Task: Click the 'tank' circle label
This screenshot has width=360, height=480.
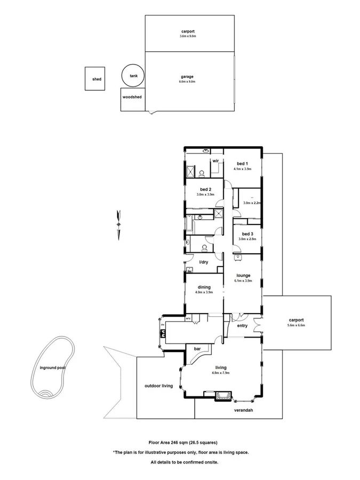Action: [x=133, y=76]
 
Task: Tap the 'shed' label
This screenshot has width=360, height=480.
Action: [x=97, y=79]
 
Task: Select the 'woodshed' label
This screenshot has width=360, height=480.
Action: [x=132, y=98]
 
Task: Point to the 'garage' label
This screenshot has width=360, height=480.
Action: [x=187, y=77]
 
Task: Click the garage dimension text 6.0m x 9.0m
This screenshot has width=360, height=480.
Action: [x=187, y=82]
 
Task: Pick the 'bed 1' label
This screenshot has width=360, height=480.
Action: [x=242, y=163]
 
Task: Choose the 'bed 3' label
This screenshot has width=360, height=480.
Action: [x=247, y=234]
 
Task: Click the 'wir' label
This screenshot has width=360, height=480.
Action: [x=216, y=161]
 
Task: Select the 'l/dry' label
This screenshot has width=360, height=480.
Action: [x=204, y=262]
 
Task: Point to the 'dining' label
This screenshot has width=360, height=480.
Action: [x=204, y=287]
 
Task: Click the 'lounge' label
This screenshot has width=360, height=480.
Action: [x=243, y=275]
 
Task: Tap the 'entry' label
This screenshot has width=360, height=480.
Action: [x=242, y=326]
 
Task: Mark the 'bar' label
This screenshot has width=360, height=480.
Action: [x=197, y=349]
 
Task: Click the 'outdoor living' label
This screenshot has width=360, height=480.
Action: [x=158, y=386]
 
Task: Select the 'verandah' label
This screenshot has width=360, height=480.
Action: [x=243, y=411]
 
